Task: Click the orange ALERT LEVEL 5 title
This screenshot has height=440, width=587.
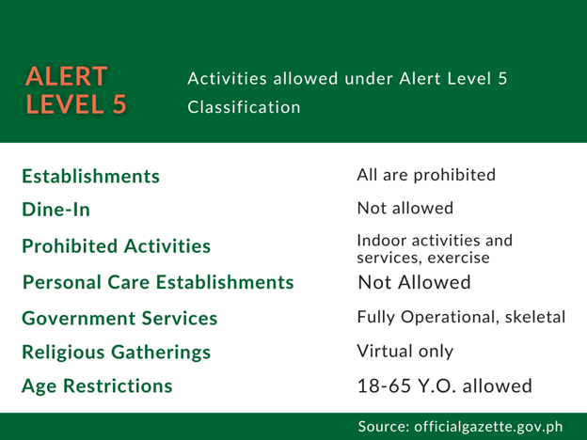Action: click(x=76, y=90)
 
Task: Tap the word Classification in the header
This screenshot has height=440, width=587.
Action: click(x=244, y=107)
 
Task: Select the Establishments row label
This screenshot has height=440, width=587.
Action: click(x=91, y=176)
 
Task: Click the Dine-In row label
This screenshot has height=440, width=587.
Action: click(x=56, y=210)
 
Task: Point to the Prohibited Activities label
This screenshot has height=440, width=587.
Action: click(x=117, y=246)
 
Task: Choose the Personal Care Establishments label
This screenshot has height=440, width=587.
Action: click(x=158, y=282)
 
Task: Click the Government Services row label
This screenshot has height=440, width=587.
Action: click(x=119, y=319)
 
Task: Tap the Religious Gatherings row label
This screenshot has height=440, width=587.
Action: click(x=117, y=353)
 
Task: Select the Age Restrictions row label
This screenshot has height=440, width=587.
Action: click(x=97, y=386)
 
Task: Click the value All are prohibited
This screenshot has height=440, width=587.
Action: click(x=426, y=175)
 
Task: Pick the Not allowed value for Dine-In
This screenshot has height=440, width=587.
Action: click(x=405, y=208)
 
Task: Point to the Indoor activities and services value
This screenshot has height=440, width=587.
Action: click(x=435, y=249)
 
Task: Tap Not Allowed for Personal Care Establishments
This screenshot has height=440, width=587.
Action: click(x=415, y=282)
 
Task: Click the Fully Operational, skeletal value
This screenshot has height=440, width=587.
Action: click(x=461, y=317)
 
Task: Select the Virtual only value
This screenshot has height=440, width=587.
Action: click(x=405, y=352)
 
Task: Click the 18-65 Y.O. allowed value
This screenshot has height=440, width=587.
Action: click(x=445, y=386)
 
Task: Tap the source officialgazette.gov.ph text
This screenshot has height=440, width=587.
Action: click(x=460, y=427)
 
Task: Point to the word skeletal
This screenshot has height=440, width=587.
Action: click(x=535, y=317)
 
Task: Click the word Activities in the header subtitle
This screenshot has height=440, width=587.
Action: click(x=228, y=79)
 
